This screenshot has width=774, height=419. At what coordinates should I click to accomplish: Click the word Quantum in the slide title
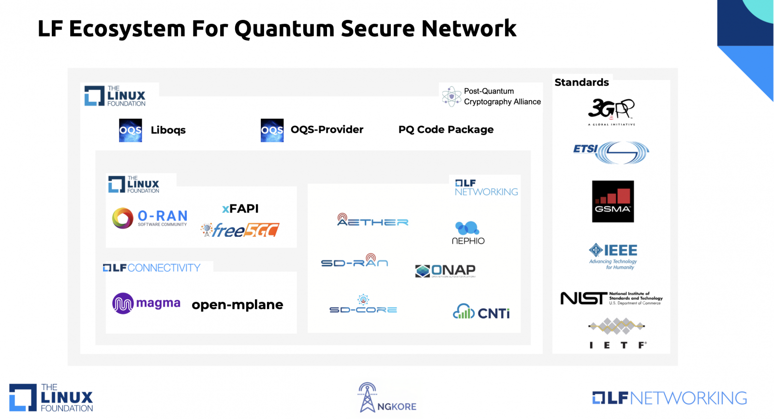coord(284,29)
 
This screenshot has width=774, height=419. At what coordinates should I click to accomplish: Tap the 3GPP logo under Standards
coord(611,110)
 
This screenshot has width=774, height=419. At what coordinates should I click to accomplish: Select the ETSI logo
coord(611,152)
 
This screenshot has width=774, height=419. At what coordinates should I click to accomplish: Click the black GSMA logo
coord(613,202)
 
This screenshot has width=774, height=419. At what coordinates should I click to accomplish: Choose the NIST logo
coord(611,298)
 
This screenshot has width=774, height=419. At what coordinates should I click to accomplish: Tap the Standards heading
coord(581,82)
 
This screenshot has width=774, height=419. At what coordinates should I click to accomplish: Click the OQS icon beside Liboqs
coord(131,130)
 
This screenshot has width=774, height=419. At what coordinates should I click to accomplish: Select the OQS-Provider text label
coord(327,130)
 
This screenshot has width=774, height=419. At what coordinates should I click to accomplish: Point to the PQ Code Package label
coord(446,130)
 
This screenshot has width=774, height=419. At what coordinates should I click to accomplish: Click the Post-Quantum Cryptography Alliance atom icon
coord(451,96)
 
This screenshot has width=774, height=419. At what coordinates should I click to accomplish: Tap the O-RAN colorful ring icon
coord(123,218)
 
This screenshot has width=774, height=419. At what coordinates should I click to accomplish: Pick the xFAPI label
coord(240,209)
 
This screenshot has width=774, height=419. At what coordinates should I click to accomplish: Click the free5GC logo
coord(240,230)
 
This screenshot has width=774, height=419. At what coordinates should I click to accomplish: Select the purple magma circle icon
coord(123,304)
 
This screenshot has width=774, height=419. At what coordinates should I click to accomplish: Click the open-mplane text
coord(238,305)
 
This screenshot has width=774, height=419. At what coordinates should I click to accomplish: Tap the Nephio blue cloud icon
coord(467,228)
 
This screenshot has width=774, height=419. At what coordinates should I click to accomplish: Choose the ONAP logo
coord(446,270)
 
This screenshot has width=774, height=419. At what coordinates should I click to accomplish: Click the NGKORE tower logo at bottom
coord(368,397)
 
